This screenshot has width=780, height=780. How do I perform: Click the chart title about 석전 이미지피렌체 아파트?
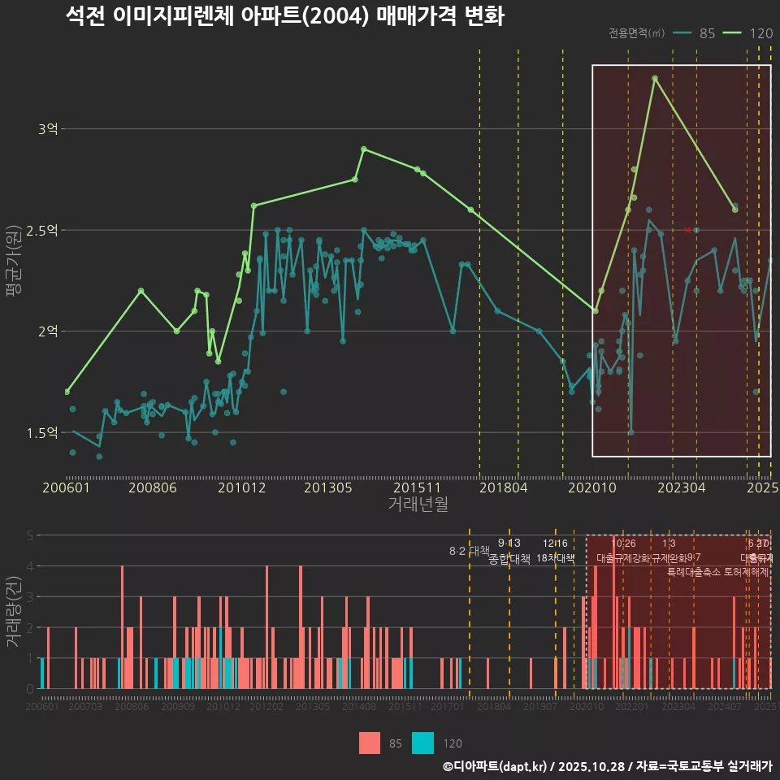(285, 16)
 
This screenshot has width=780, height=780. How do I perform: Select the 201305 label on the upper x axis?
(327, 487)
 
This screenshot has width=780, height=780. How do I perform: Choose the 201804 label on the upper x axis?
(503, 487)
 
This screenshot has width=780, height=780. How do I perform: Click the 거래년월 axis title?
(418, 505)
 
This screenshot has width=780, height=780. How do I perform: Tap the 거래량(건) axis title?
(13, 612)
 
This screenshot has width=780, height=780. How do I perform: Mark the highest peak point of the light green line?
(654, 78)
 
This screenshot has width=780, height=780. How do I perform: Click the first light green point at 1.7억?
(67, 392)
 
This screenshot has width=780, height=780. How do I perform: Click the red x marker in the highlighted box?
(687, 230)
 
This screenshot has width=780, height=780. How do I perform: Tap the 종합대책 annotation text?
(509, 559)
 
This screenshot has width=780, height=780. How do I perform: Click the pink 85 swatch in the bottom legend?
(370, 743)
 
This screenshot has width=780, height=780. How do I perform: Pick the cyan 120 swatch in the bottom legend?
(422, 743)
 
